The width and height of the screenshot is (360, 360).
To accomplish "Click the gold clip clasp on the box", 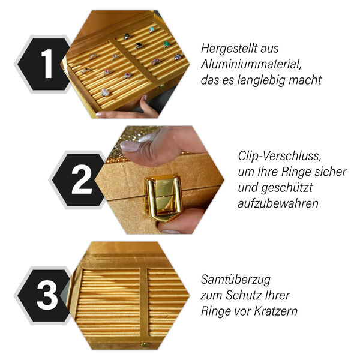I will click(x=164, y=197).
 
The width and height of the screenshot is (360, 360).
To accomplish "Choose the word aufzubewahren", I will click(x=277, y=203).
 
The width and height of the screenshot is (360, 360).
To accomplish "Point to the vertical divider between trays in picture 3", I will click(x=143, y=300).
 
